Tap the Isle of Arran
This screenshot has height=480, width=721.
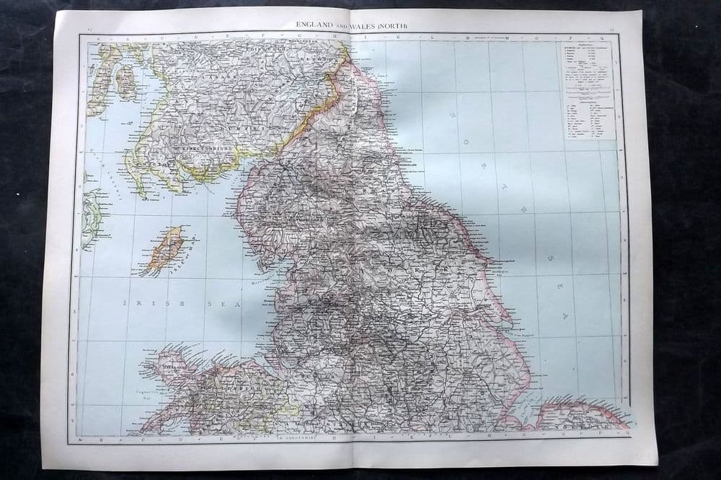[125, 82]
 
